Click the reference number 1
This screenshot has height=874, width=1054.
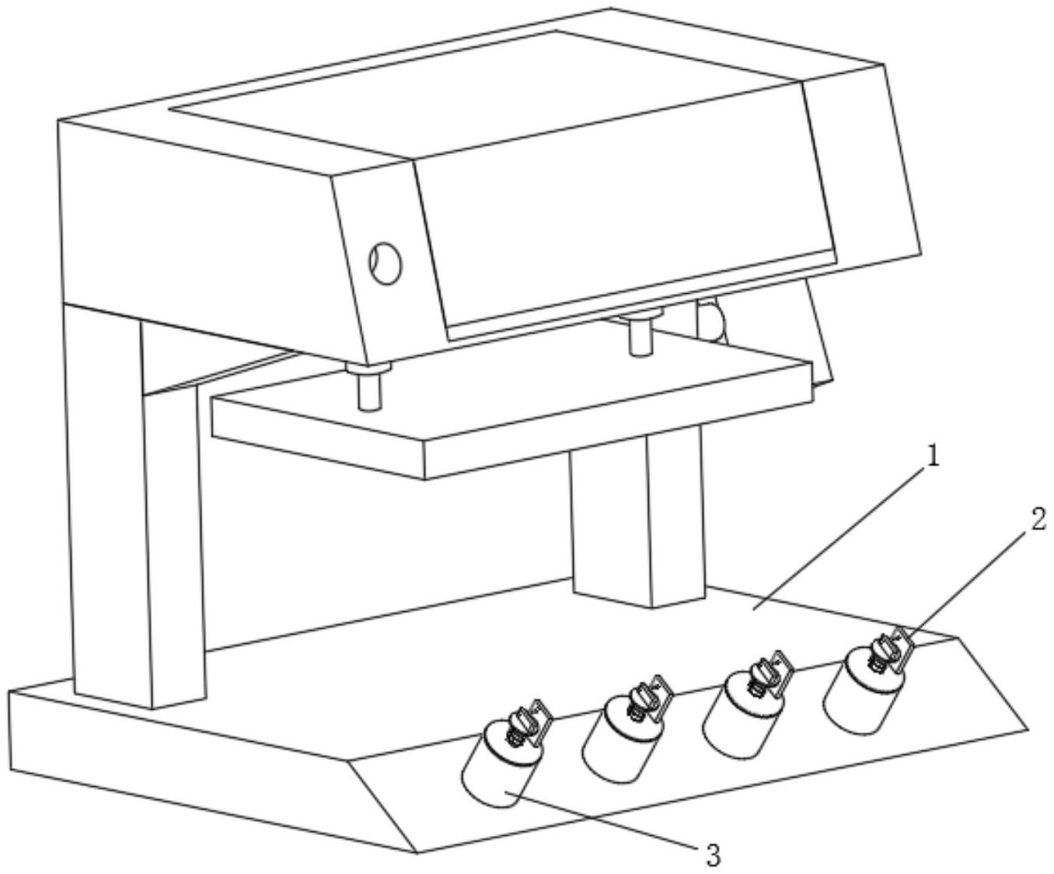pyautogui.click(x=934, y=457)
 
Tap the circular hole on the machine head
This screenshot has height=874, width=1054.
pyautogui.click(x=386, y=263)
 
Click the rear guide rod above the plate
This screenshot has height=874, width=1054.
pyautogui.click(x=640, y=334)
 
